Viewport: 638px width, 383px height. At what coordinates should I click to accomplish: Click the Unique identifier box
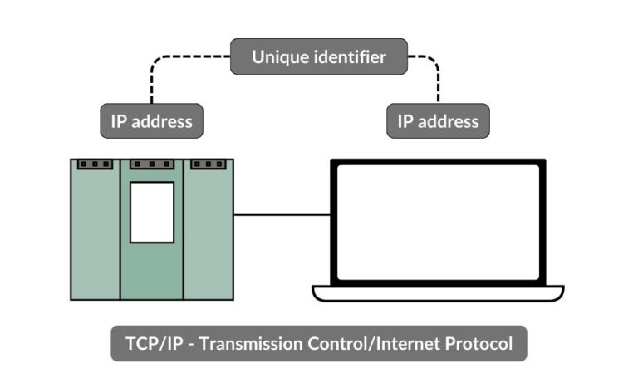pyautogui.click(x=319, y=57)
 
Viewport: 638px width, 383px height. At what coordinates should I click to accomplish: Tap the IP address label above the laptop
pyautogui.click(x=438, y=121)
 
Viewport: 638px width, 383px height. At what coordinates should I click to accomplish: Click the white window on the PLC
pyautogui.click(x=152, y=212)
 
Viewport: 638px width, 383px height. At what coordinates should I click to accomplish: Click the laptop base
pyautogui.click(x=438, y=293)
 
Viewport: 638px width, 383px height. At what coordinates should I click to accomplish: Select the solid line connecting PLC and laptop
pyautogui.click(x=282, y=214)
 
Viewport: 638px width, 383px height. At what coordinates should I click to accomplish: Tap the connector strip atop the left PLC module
pyautogui.click(x=95, y=164)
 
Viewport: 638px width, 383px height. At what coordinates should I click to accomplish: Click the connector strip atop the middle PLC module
pyautogui.click(x=152, y=164)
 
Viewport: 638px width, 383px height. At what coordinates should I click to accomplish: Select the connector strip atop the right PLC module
pyautogui.click(x=207, y=164)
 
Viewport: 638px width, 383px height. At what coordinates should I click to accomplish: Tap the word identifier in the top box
pyautogui.click(x=350, y=58)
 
